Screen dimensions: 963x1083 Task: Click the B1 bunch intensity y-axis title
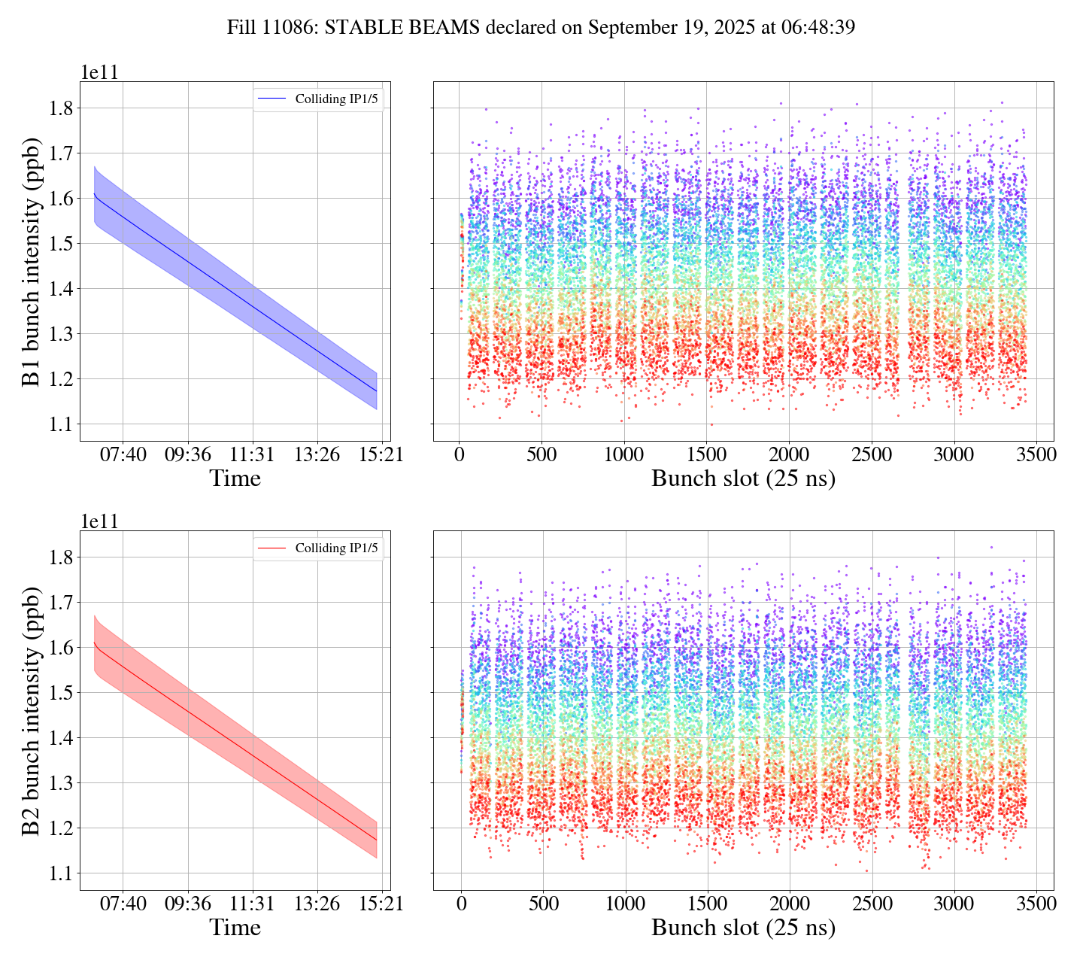click(32, 262)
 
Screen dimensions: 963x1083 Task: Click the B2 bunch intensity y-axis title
click(32, 711)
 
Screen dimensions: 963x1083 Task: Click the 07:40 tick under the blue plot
click(123, 455)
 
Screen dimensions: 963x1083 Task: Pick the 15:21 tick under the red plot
click(381, 904)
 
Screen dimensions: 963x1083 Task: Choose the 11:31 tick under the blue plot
click(252, 455)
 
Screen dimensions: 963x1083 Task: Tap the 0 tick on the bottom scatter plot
click(461, 904)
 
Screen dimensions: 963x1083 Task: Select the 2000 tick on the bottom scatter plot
click(790, 904)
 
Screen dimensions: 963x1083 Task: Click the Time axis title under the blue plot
click(235, 479)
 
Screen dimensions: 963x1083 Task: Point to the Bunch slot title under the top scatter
click(743, 479)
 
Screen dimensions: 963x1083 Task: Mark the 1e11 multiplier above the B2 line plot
click(100, 521)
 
